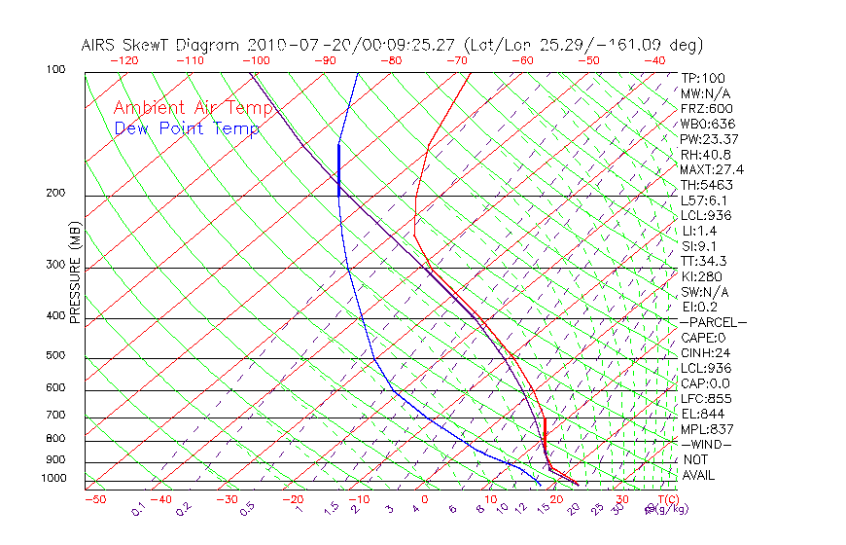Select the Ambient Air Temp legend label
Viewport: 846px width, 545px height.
click(193, 108)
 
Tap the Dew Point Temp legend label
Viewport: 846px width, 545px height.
click(187, 128)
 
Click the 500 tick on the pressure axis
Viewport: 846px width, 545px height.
click(55, 356)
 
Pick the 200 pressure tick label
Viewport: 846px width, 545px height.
click(55, 194)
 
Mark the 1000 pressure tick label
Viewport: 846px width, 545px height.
click(54, 479)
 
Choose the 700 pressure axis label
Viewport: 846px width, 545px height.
click(55, 416)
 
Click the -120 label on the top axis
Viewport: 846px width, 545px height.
click(123, 60)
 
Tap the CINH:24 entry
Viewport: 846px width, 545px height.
click(705, 353)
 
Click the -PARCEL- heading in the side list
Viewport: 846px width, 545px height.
click(713, 322)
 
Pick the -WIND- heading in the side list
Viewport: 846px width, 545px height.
click(707, 444)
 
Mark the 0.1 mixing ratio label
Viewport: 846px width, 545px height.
click(138, 509)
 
